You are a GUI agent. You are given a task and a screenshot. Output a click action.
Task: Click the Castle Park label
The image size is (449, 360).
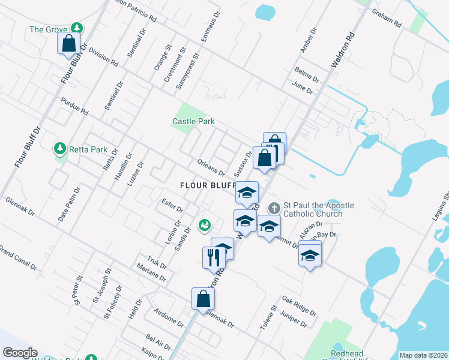pyautogui.click(x=193, y=121)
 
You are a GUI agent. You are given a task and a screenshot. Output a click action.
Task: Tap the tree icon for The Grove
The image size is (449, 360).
pyautogui.click(x=76, y=28)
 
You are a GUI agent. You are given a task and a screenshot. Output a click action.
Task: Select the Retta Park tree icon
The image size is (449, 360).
pyautogui.click(x=60, y=148)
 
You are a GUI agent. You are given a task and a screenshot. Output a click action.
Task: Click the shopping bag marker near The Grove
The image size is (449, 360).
pyautogui.click(x=69, y=43)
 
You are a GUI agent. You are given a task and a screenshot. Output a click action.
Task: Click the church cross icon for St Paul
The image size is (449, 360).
pyautogui.click(x=274, y=208)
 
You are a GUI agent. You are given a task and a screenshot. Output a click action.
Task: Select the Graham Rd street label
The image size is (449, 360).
pyautogui.click(x=386, y=18)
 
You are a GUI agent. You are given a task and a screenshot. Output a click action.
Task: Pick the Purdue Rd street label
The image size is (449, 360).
pyautogui.click(x=74, y=106)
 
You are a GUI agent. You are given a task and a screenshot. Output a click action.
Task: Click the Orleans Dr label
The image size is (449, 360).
pyautogui.click(x=211, y=166)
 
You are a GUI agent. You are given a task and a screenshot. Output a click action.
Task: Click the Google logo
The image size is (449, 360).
pyautogui.click(x=19, y=353)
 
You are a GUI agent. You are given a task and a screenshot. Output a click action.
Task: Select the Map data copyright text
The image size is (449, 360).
pyautogui.click(x=423, y=355)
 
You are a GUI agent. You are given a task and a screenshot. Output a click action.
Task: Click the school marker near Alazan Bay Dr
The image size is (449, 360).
pyautogui.click(x=310, y=255)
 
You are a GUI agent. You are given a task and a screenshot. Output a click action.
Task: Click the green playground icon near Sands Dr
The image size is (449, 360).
pyautogui.click(x=205, y=224)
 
